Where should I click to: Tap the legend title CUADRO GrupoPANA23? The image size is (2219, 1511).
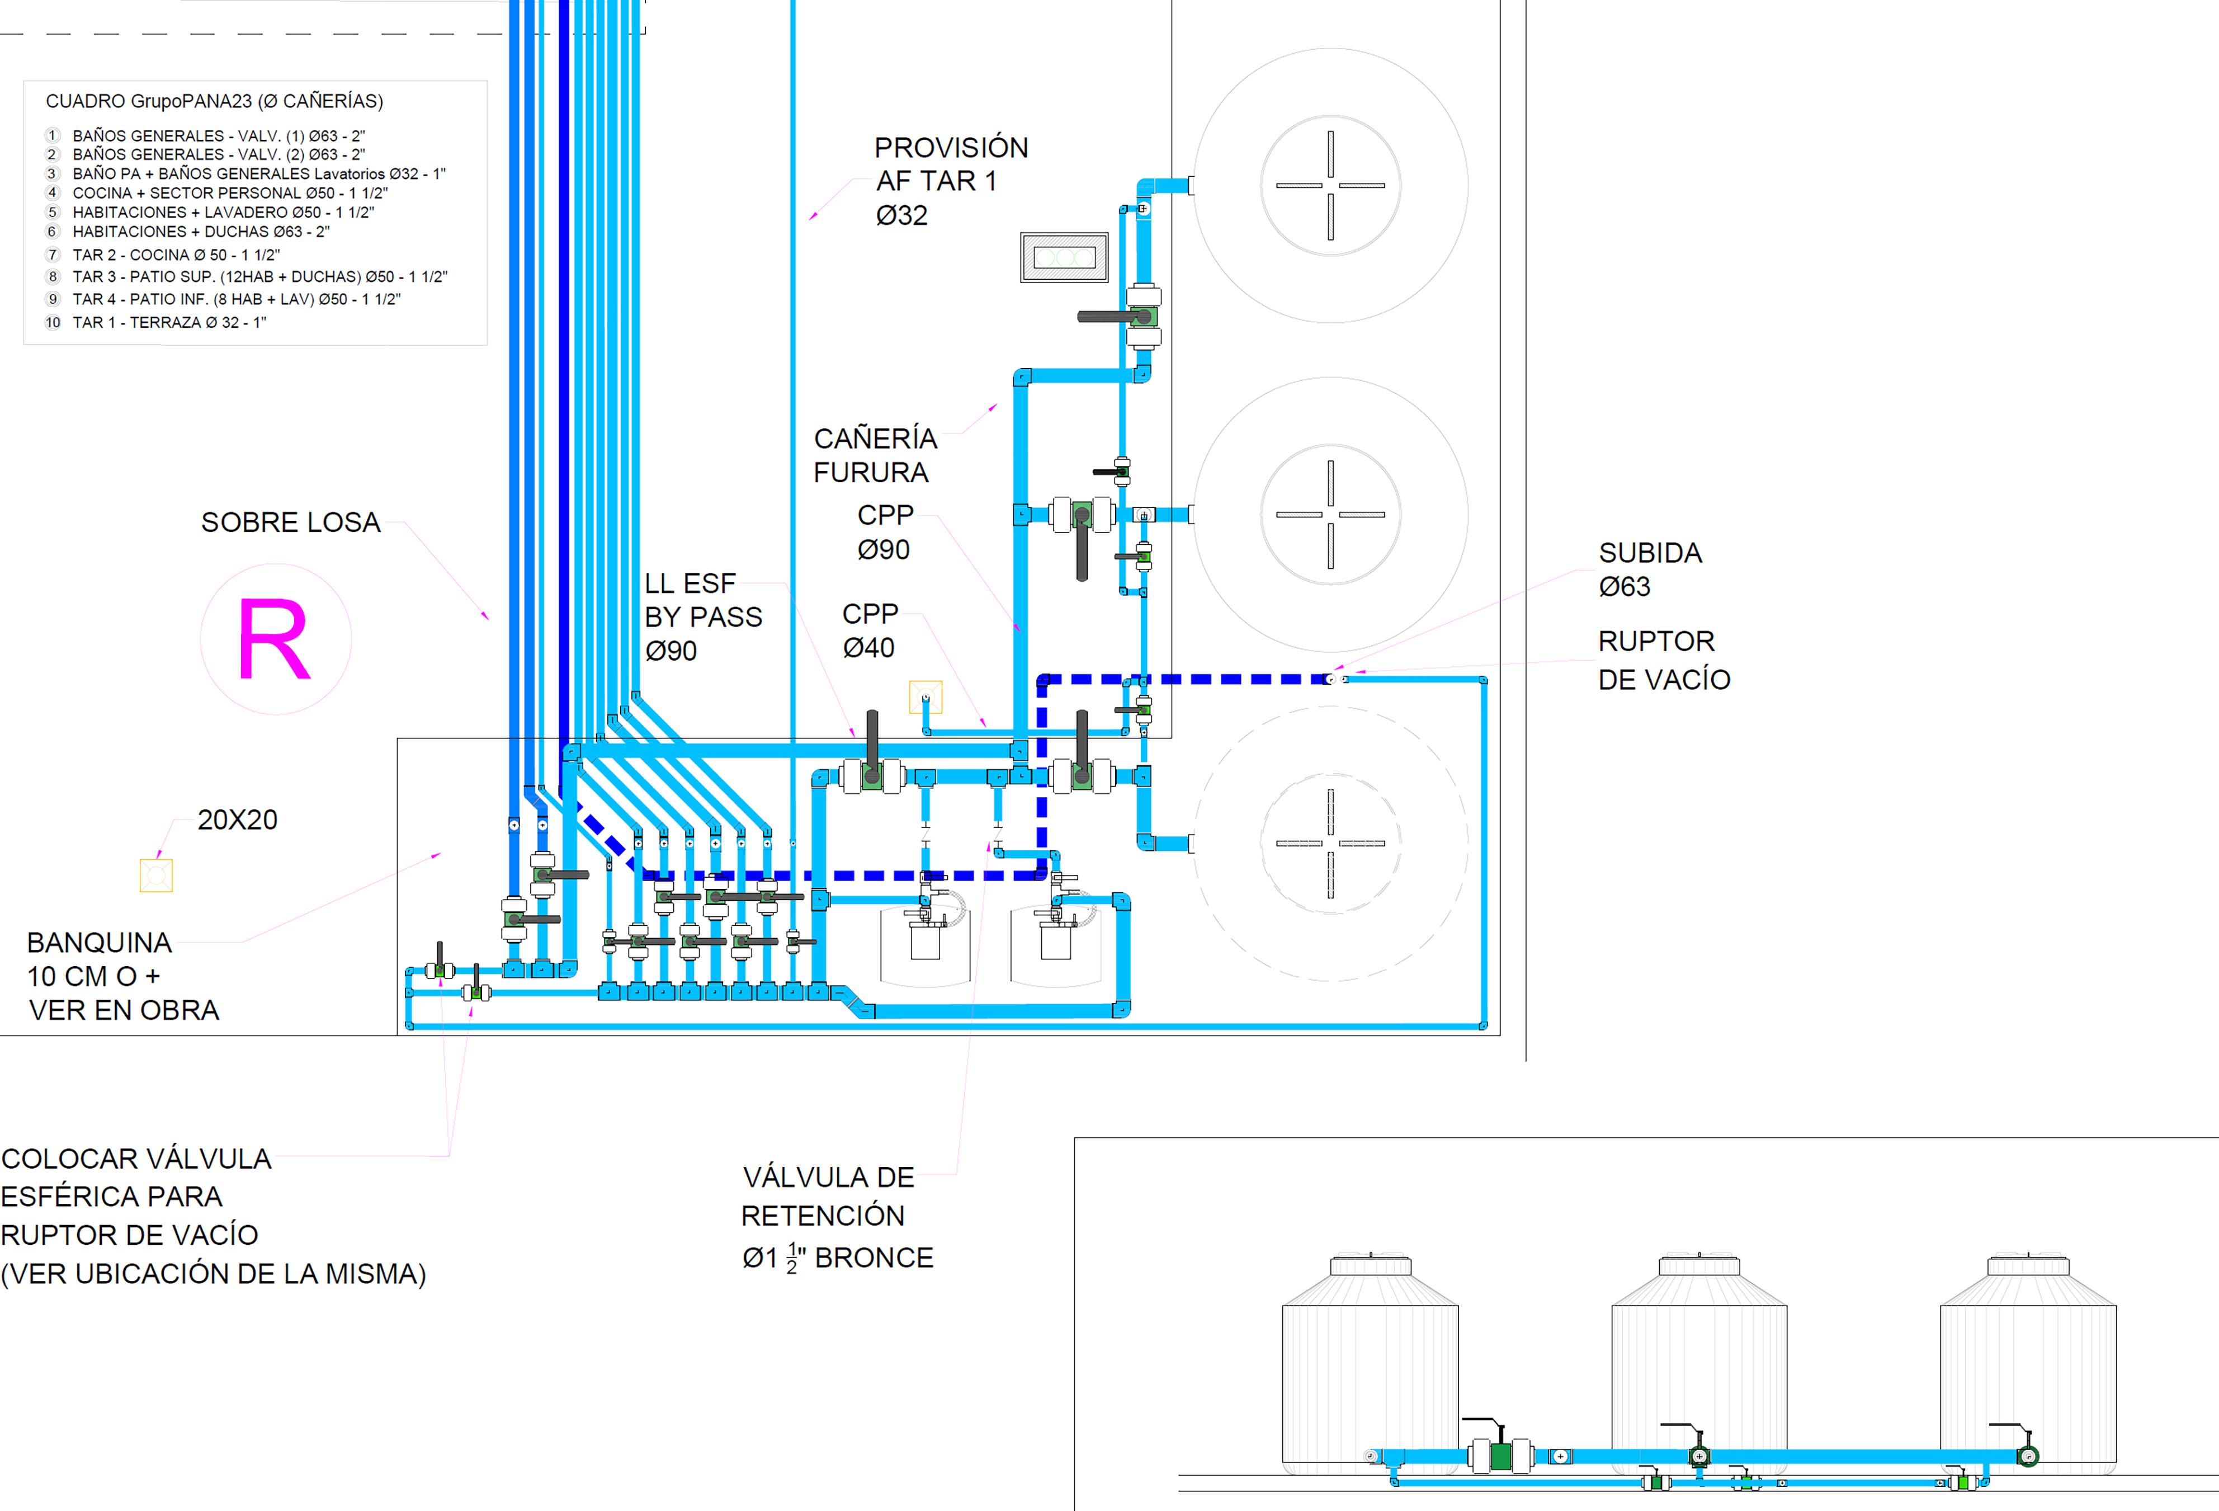click(148, 101)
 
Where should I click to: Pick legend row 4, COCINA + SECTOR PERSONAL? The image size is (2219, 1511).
click(230, 193)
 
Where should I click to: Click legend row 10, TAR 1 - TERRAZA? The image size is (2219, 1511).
click(169, 323)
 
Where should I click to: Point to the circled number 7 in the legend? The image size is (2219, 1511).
click(53, 255)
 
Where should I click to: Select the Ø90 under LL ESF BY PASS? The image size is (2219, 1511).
click(671, 651)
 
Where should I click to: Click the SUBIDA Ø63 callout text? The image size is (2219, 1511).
click(1650, 569)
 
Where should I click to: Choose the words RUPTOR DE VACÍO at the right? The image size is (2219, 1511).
click(1664, 660)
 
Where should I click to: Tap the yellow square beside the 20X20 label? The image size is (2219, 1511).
click(155, 876)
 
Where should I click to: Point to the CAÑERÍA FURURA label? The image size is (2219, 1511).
click(875, 455)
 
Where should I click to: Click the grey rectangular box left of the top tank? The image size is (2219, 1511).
click(1064, 257)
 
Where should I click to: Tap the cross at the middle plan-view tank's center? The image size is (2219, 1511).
click(1330, 515)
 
